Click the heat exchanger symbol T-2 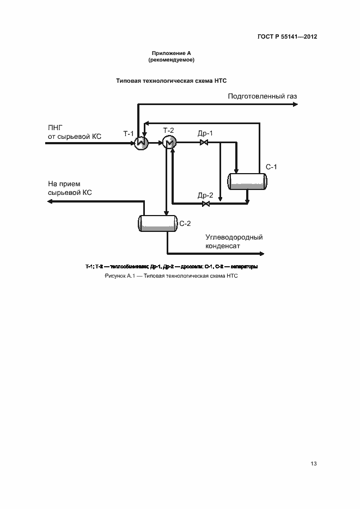pyautogui.click(x=168, y=143)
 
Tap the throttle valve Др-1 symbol pyautogui.click(x=204, y=143)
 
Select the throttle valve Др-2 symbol pyautogui.click(x=205, y=204)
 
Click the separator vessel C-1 pyautogui.click(x=248, y=181)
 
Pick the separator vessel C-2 pyautogui.click(x=157, y=223)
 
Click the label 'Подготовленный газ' pyautogui.click(x=263, y=96)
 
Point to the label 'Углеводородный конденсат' pyautogui.click(x=234, y=241)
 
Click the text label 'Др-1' pyautogui.click(x=205, y=133)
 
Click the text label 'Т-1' pyautogui.click(x=129, y=133)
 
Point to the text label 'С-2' pyautogui.click(x=185, y=223)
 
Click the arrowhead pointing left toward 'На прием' pyautogui.click(x=50, y=201)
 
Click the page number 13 pyautogui.click(x=313, y=464)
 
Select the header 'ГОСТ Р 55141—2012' pyautogui.click(x=287, y=37)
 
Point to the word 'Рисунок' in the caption pyautogui.click(x=115, y=276)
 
